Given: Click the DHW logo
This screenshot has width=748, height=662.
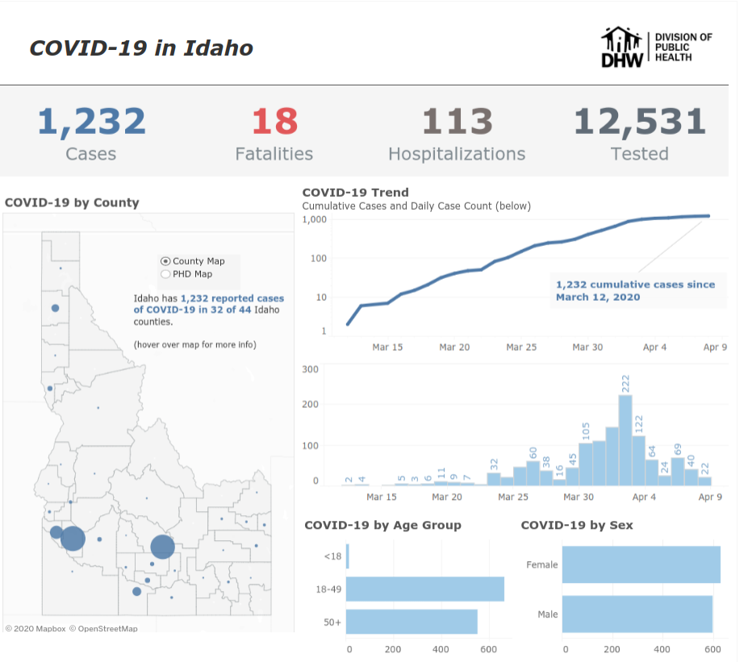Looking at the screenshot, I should tap(625, 48).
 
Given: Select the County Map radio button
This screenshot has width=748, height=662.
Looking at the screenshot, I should tap(165, 261).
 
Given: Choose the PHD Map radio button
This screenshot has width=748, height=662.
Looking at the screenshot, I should tap(165, 274).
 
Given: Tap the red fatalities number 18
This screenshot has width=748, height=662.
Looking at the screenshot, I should tap(274, 122).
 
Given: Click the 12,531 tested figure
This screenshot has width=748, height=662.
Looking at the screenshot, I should tap(639, 122).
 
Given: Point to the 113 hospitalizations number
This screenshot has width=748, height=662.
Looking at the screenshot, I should tap(457, 122).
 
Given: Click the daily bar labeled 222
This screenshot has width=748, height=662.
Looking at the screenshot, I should tap(625, 439).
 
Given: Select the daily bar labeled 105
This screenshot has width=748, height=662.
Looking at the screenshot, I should tap(586, 464).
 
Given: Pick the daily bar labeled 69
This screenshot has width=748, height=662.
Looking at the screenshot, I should tap(678, 471).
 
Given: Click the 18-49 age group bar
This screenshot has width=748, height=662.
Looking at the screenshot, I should tap(425, 589).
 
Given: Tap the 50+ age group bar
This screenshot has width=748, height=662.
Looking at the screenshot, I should tap(412, 622).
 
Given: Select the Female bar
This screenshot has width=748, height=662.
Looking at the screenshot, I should tap(641, 564).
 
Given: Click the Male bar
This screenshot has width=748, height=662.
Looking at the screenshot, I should tap(637, 614).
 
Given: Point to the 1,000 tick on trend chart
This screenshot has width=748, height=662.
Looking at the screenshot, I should tap(314, 219).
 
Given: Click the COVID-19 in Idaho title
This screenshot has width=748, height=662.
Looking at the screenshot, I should tap(141, 48).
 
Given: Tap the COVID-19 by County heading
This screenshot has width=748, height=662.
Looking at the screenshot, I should tap(72, 202).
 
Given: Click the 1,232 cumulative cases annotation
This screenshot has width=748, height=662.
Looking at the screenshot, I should tap(635, 290).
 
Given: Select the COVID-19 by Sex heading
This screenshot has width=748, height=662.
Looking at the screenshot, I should tap(576, 525).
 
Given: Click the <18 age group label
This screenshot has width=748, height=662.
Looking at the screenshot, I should tap(332, 556).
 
